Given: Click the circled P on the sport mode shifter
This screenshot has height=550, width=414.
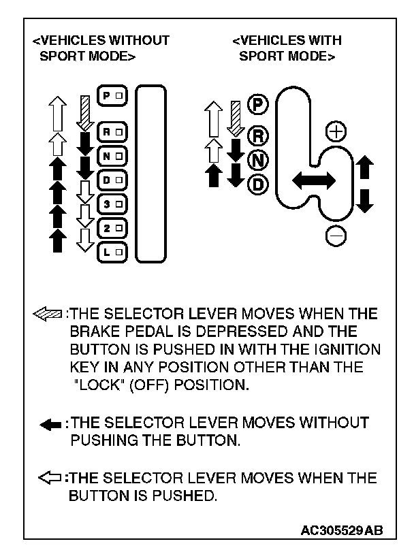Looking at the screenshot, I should [x=259, y=104].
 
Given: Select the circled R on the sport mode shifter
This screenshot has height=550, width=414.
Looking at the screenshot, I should [x=259, y=136].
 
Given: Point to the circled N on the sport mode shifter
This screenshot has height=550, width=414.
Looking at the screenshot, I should [x=259, y=160].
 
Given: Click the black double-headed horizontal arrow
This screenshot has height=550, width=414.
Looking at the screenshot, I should [x=313, y=180].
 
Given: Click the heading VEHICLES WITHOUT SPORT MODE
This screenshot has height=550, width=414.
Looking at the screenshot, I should [x=101, y=48].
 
